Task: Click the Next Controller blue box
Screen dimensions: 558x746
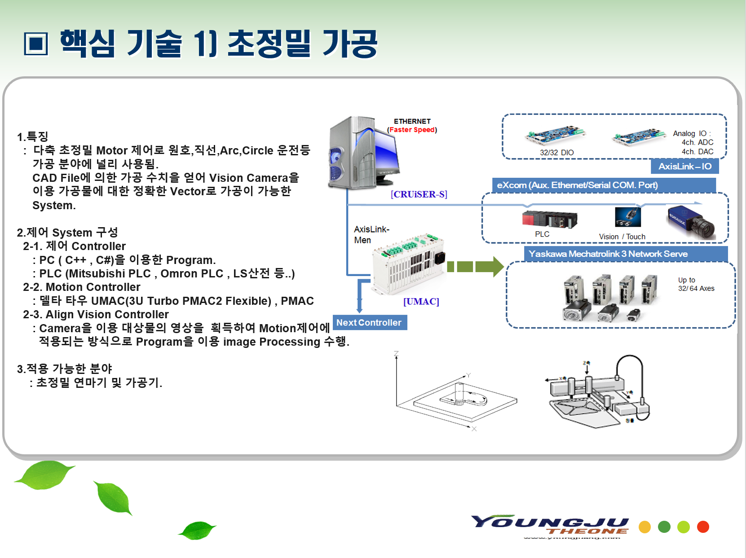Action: click(x=369, y=323)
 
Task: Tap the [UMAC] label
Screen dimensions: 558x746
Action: click(x=421, y=301)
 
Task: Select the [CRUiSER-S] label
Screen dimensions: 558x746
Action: click(x=419, y=194)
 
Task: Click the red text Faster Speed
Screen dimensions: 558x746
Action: click(x=412, y=130)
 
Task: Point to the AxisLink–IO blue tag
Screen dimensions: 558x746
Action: click(x=684, y=167)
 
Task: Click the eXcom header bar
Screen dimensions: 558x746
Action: click(x=603, y=185)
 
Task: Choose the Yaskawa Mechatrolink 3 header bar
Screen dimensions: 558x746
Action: click(x=625, y=254)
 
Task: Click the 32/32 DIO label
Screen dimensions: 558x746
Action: click(x=556, y=153)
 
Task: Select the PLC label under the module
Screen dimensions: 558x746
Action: click(x=542, y=234)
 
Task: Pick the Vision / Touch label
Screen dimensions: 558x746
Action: click(x=622, y=237)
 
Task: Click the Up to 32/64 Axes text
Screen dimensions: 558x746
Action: click(x=696, y=284)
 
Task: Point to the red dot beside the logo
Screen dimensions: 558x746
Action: click(x=703, y=527)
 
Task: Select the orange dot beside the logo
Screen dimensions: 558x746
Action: click(x=644, y=527)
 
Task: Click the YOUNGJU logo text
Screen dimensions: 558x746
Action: click(x=550, y=523)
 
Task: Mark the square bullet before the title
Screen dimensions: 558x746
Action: click(x=36, y=44)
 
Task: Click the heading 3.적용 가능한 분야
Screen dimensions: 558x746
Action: click(x=65, y=369)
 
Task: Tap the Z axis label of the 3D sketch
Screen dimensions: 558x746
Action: click(x=396, y=354)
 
